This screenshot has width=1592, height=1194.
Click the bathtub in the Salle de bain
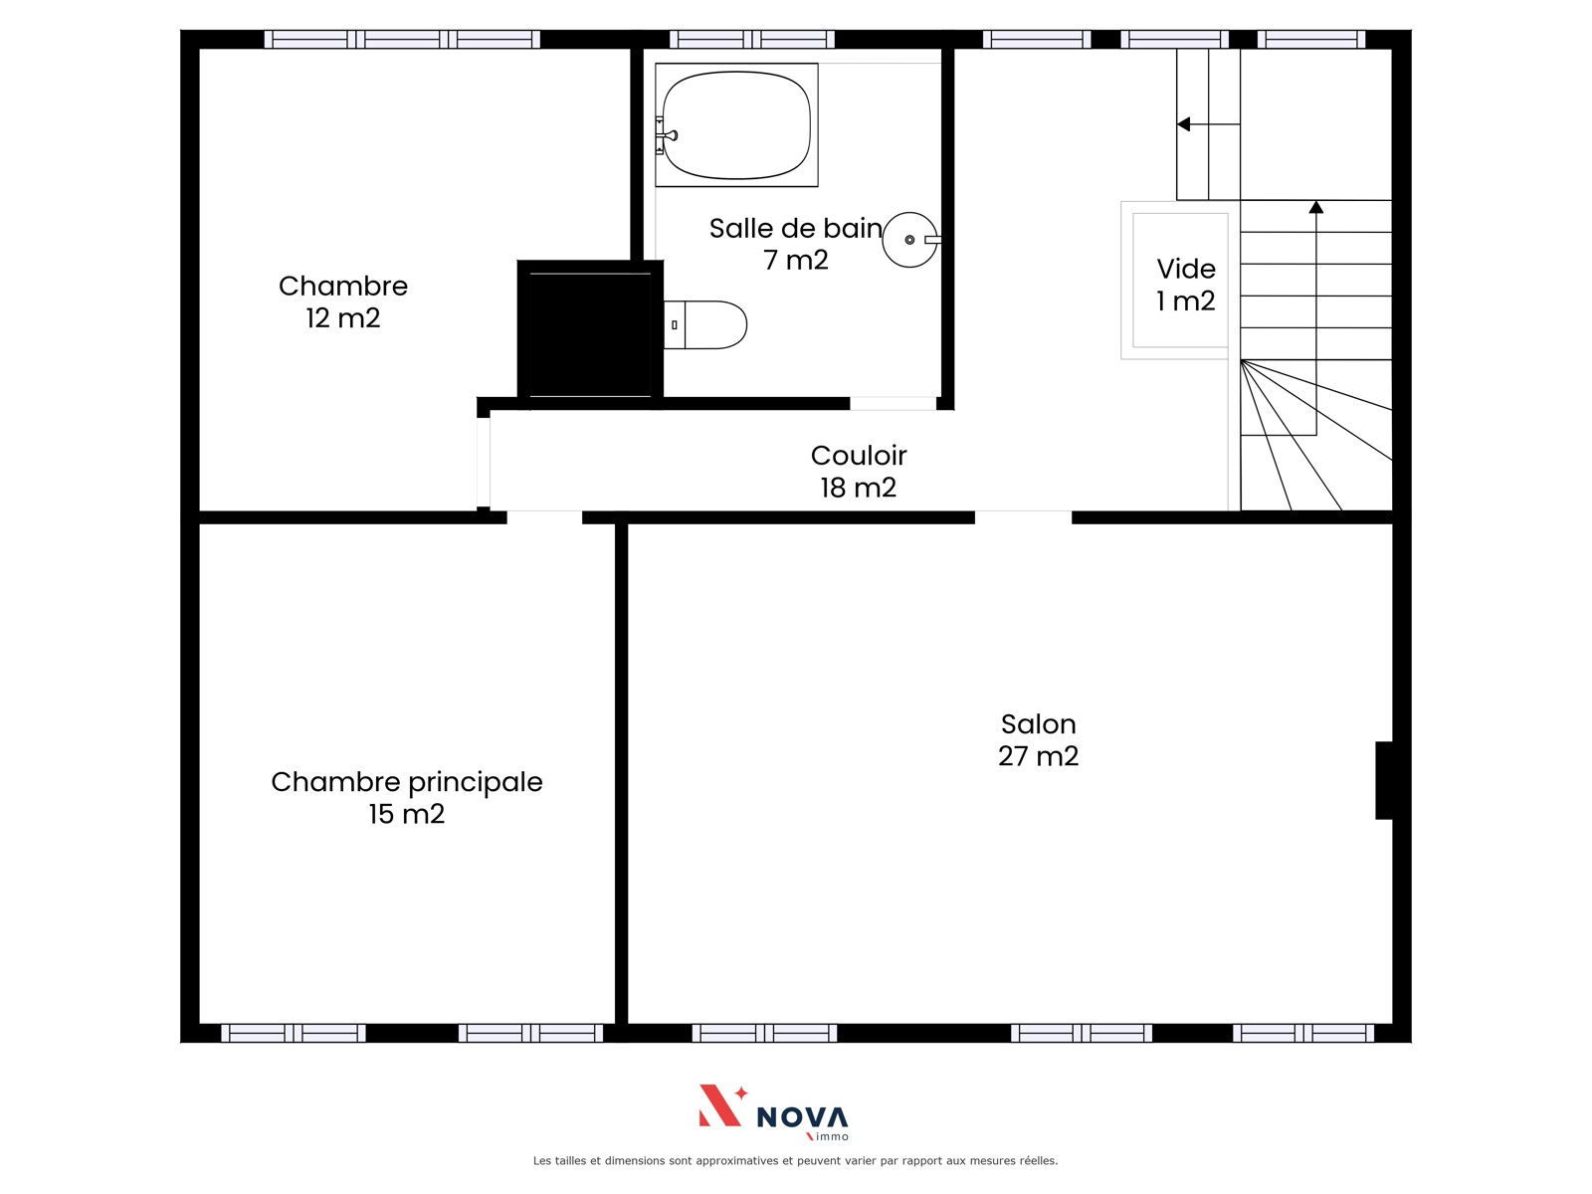point(736,124)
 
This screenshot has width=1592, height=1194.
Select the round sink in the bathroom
point(911,240)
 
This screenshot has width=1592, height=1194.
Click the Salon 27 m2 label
point(1038,740)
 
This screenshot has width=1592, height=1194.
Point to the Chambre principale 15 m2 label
point(407,798)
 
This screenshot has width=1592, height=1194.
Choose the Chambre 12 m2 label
point(343,301)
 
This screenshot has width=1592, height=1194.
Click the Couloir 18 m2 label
point(859,472)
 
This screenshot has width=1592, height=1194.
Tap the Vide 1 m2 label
point(1186,285)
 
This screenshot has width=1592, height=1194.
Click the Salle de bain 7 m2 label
point(796,245)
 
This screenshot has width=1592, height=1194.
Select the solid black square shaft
point(590,330)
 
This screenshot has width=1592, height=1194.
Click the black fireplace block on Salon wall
point(1384,781)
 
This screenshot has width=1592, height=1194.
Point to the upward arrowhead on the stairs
point(1316,207)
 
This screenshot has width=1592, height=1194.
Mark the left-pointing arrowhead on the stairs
point(1184,124)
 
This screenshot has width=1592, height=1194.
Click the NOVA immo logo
point(774,1112)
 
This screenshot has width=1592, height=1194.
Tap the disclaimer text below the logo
point(796,1160)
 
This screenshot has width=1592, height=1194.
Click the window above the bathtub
point(752,39)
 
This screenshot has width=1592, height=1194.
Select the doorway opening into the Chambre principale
point(544,517)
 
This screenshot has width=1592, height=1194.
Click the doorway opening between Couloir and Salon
point(1024,517)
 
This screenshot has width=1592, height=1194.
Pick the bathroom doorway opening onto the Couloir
point(894,404)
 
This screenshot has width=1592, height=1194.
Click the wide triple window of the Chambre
point(403,39)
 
